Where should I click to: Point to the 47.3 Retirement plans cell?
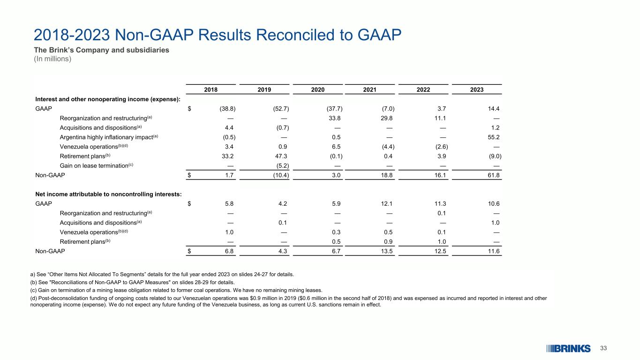click(281, 156)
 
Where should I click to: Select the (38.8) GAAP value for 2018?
click(227, 109)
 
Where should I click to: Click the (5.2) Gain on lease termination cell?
click(281, 165)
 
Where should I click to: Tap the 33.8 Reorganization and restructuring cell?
click(335, 118)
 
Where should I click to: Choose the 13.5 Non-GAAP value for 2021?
click(387, 251)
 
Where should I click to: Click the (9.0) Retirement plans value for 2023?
click(492, 156)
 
